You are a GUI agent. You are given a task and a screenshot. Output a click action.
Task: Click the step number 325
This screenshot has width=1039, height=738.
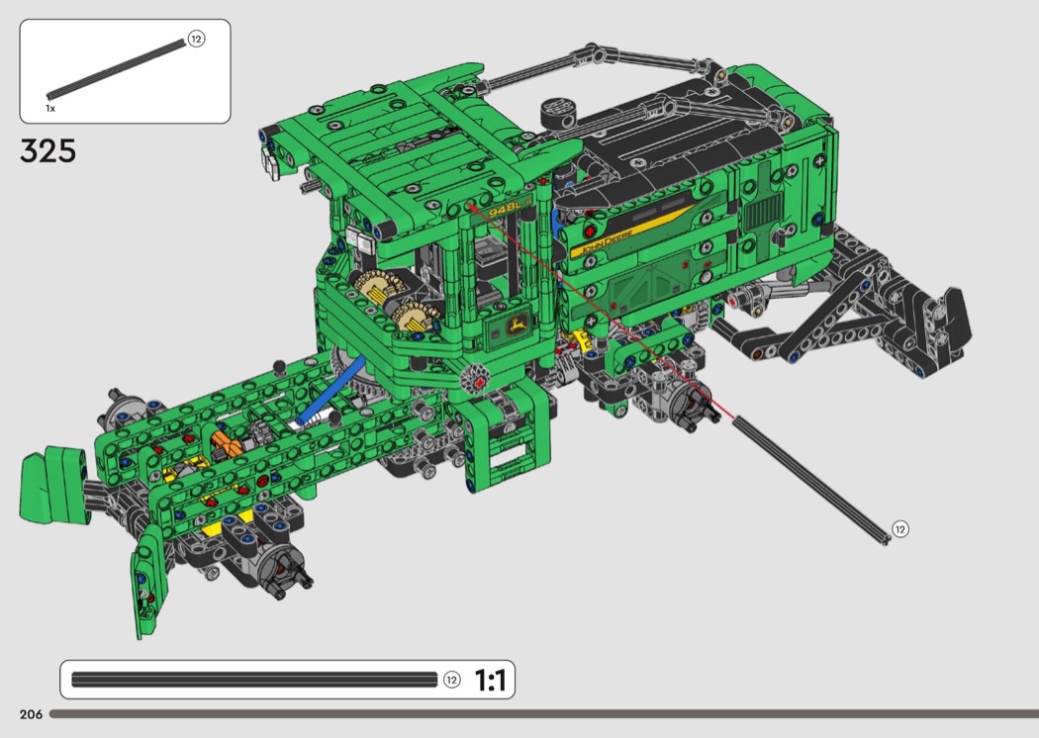click(x=47, y=151)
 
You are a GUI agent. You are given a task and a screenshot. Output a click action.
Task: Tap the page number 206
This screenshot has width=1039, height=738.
click(x=31, y=714)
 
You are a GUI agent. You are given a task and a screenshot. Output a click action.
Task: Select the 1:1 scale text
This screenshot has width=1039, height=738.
click(x=491, y=681)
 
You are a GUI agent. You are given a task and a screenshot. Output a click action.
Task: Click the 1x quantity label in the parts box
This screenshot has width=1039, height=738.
click(x=50, y=108)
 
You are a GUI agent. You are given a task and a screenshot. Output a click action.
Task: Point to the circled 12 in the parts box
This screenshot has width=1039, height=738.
click(x=196, y=40)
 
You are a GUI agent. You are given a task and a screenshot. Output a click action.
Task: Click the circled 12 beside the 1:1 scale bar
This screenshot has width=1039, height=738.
click(x=452, y=680)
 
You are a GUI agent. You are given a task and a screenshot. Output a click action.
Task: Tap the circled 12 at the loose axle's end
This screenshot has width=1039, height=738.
click(x=899, y=528)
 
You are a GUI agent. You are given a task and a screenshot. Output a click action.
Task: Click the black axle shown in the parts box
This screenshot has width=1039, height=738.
click(x=116, y=69)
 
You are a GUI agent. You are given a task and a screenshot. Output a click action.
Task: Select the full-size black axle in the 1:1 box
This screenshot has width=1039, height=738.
click(x=254, y=680)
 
